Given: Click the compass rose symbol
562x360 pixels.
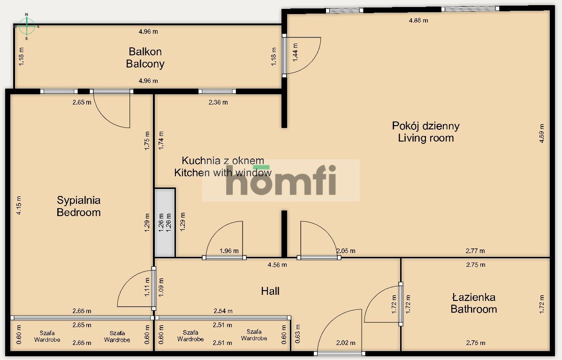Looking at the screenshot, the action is pyautogui.click(x=26, y=26).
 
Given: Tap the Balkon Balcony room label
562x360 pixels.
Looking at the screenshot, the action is pyautogui.click(x=145, y=58).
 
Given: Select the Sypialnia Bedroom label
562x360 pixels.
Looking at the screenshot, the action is pyautogui.click(x=78, y=206).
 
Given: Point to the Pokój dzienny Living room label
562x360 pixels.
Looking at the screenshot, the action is pyautogui.click(x=426, y=132).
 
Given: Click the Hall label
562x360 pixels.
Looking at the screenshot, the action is pyautogui.click(x=270, y=291).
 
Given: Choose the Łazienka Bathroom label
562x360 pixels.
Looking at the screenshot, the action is pyautogui.click(x=474, y=303).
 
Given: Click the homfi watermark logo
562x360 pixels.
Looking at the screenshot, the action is pyautogui.click(x=281, y=180).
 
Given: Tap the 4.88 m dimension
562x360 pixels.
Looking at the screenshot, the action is pyautogui.click(x=418, y=21).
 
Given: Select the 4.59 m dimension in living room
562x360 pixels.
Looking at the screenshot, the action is pyautogui.click(x=541, y=133).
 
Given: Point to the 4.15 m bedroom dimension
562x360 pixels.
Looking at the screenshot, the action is pyautogui.click(x=19, y=205).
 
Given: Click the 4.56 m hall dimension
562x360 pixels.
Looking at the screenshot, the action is pyautogui.click(x=277, y=265).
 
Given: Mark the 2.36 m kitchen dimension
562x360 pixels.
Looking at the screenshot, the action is pyautogui.click(x=218, y=103).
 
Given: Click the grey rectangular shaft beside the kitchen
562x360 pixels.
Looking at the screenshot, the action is pyautogui.click(x=165, y=223).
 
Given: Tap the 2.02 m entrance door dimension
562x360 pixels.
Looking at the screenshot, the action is pyautogui.click(x=346, y=343).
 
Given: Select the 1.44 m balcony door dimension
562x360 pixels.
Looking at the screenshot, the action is pyautogui.click(x=296, y=52).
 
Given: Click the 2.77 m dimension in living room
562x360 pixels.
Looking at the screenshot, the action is pyautogui.click(x=475, y=251).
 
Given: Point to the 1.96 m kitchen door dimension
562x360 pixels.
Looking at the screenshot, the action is pyautogui.click(x=229, y=251).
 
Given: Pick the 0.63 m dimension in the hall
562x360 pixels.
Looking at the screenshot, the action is pyautogui.click(x=297, y=334).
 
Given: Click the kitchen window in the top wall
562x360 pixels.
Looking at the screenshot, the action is pyautogui.click(x=217, y=91).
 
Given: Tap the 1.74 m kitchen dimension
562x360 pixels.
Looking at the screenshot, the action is pyautogui.click(x=161, y=140).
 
